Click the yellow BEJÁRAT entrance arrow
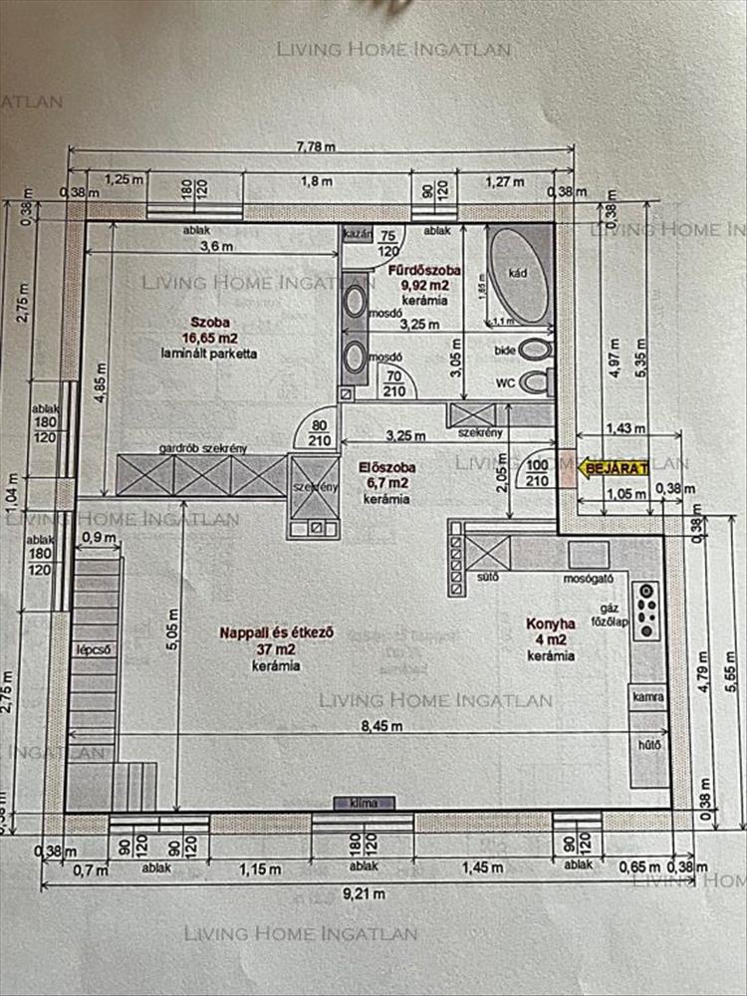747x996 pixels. pos(615,466)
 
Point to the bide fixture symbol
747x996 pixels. pos(536,350)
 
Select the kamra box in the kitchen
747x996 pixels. pos(647,697)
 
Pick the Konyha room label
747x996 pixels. pos(551,625)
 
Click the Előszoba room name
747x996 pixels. pos(387,466)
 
